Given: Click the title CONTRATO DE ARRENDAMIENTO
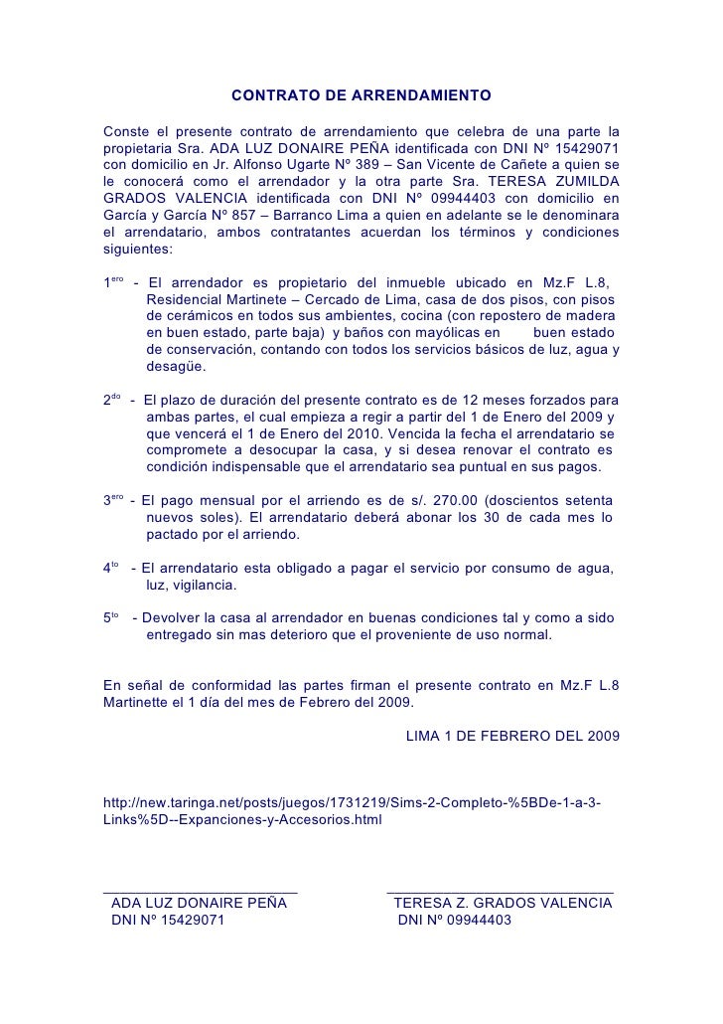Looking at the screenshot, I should [361, 97].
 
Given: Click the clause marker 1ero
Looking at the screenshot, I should [113, 282].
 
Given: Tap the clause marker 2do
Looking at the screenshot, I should [112, 400].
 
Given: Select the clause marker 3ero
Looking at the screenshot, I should [113, 500].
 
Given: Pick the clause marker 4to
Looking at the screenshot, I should [111, 568].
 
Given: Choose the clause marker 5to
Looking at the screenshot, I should [111, 617].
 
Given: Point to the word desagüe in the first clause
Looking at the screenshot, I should [175, 367].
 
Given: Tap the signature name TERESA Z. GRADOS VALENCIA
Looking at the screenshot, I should [503, 904].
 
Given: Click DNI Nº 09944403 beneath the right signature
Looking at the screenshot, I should [455, 921].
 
